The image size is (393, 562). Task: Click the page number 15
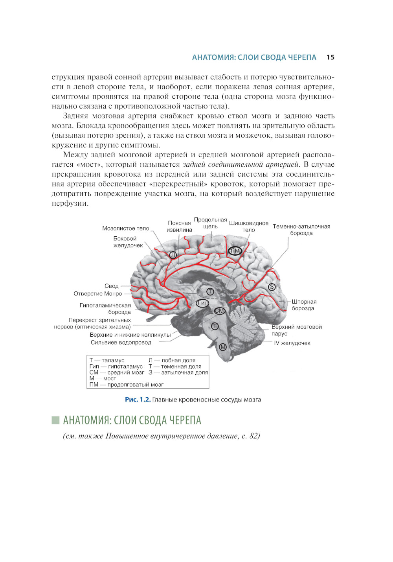330,57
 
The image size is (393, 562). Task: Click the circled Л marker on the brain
173,255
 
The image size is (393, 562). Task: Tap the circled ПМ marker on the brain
235,251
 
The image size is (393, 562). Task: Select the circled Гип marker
203,303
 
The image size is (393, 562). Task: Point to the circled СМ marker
219,311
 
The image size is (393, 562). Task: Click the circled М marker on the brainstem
223,347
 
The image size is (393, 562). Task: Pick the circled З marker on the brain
272,287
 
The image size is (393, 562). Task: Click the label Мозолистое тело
126,228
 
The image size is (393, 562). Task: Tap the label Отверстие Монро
98,294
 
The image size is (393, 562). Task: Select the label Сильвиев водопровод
121,343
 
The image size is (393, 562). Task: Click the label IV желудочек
292,343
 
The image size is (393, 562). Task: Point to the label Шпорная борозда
304,305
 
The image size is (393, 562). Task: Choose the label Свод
112,286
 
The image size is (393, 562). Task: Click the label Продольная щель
210,223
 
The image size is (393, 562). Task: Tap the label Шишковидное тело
249,227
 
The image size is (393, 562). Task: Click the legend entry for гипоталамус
116,367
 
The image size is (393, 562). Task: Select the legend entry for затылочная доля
178,372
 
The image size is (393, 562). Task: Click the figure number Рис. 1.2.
138,400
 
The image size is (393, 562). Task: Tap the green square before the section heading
55,420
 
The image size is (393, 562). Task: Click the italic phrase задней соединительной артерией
241,164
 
